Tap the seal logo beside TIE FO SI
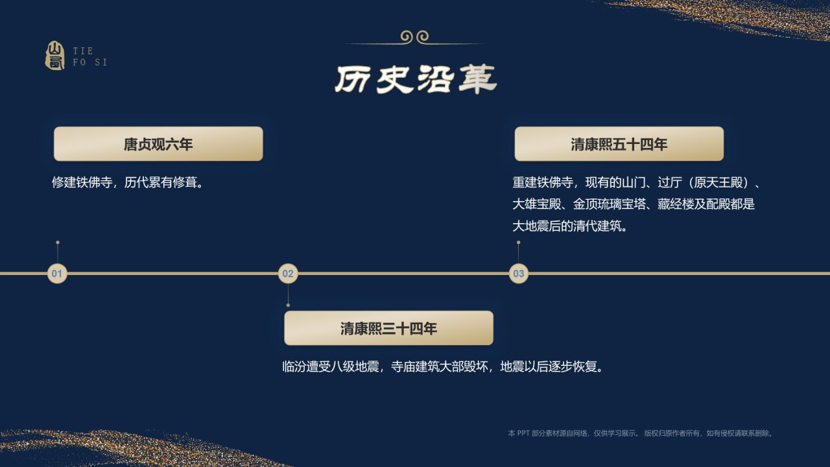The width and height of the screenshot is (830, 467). (x=55, y=56)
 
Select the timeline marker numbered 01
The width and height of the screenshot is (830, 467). (x=57, y=274)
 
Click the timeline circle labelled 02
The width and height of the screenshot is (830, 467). (x=288, y=274)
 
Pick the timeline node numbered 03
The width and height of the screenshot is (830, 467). (x=518, y=274)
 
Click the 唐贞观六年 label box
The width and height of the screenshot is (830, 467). (x=158, y=144)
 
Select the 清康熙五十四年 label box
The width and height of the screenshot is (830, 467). (x=619, y=144)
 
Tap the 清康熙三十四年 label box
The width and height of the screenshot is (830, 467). (x=388, y=328)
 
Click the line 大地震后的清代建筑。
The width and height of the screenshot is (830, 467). (x=570, y=226)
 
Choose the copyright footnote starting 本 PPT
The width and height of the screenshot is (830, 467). (x=641, y=433)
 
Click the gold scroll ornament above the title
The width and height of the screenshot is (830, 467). (x=415, y=38)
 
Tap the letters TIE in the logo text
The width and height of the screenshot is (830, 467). (x=83, y=51)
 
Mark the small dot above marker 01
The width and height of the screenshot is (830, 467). (x=58, y=243)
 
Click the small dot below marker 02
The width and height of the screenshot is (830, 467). (x=288, y=305)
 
